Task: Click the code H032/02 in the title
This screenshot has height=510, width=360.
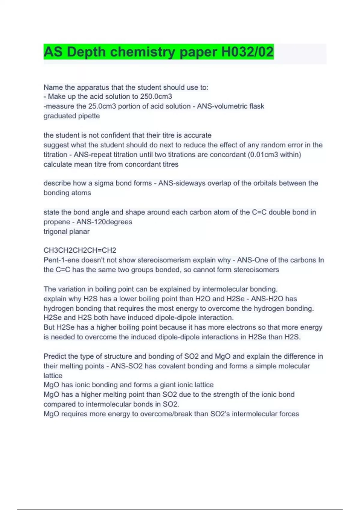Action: pyautogui.click(x=247, y=52)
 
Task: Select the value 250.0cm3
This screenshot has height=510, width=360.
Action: pyautogui.click(x=156, y=97)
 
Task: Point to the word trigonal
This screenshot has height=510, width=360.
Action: pyautogui.click(x=56, y=231)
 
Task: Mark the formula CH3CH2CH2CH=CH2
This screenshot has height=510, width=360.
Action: pyautogui.click(x=80, y=250)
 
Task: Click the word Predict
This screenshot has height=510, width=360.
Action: pyautogui.click(x=55, y=356)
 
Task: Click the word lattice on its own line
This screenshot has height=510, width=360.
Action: pyautogui.click(x=53, y=376)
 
